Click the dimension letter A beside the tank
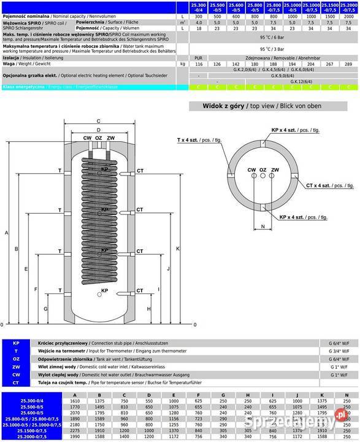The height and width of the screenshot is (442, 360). [x=6, y=233]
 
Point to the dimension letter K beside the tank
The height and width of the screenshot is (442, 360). [x=177, y=249]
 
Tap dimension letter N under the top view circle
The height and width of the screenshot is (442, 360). [x=263, y=227]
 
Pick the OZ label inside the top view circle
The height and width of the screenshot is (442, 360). [x=262, y=169]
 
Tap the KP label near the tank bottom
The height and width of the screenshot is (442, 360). [x=104, y=290]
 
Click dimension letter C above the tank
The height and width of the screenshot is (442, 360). [x=98, y=121]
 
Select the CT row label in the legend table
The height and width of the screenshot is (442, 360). [x=15, y=382]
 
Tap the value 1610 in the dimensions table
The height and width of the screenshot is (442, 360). [x=75, y=400]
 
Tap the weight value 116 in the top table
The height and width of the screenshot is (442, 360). [x=198, y=63]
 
